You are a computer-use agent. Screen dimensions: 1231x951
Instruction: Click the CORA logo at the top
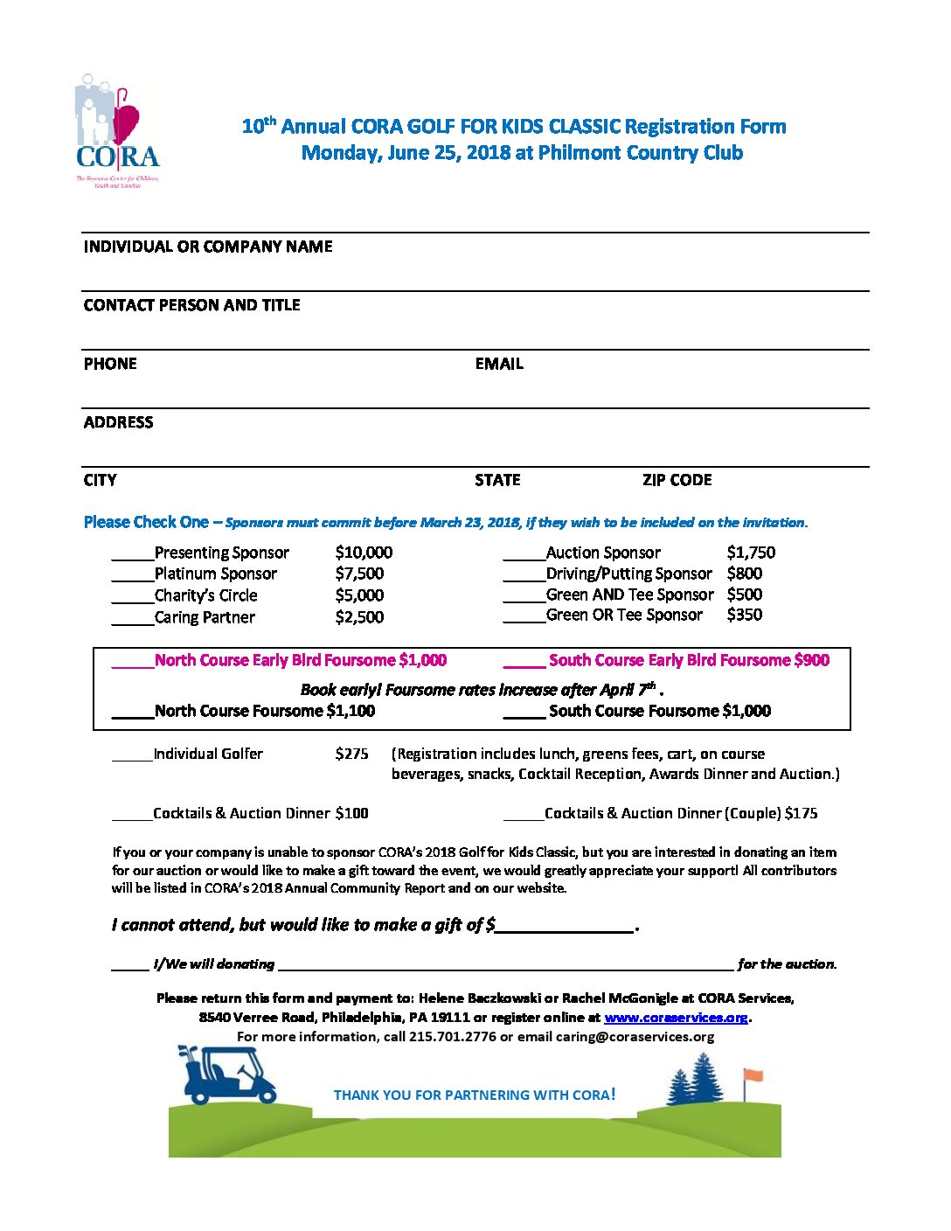pos(117,131)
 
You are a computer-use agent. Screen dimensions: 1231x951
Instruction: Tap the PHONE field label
pos(110,364)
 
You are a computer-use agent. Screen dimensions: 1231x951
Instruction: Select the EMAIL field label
pos(499,364)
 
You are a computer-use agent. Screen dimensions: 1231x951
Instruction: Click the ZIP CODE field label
pos(677,480)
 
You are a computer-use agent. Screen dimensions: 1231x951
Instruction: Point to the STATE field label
pos(497,480)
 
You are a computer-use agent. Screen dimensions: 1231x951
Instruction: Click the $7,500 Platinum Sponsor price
pos(359,574)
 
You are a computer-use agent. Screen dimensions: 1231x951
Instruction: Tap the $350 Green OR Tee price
pos(744,615)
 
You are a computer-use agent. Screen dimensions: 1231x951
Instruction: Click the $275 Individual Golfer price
pos(351,754)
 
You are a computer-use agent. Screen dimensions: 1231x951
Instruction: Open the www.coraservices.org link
pos(676,1018)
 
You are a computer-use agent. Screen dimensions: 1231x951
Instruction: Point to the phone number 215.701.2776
pos(452,1037)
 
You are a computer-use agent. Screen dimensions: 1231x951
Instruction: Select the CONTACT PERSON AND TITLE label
pos(191,305)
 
